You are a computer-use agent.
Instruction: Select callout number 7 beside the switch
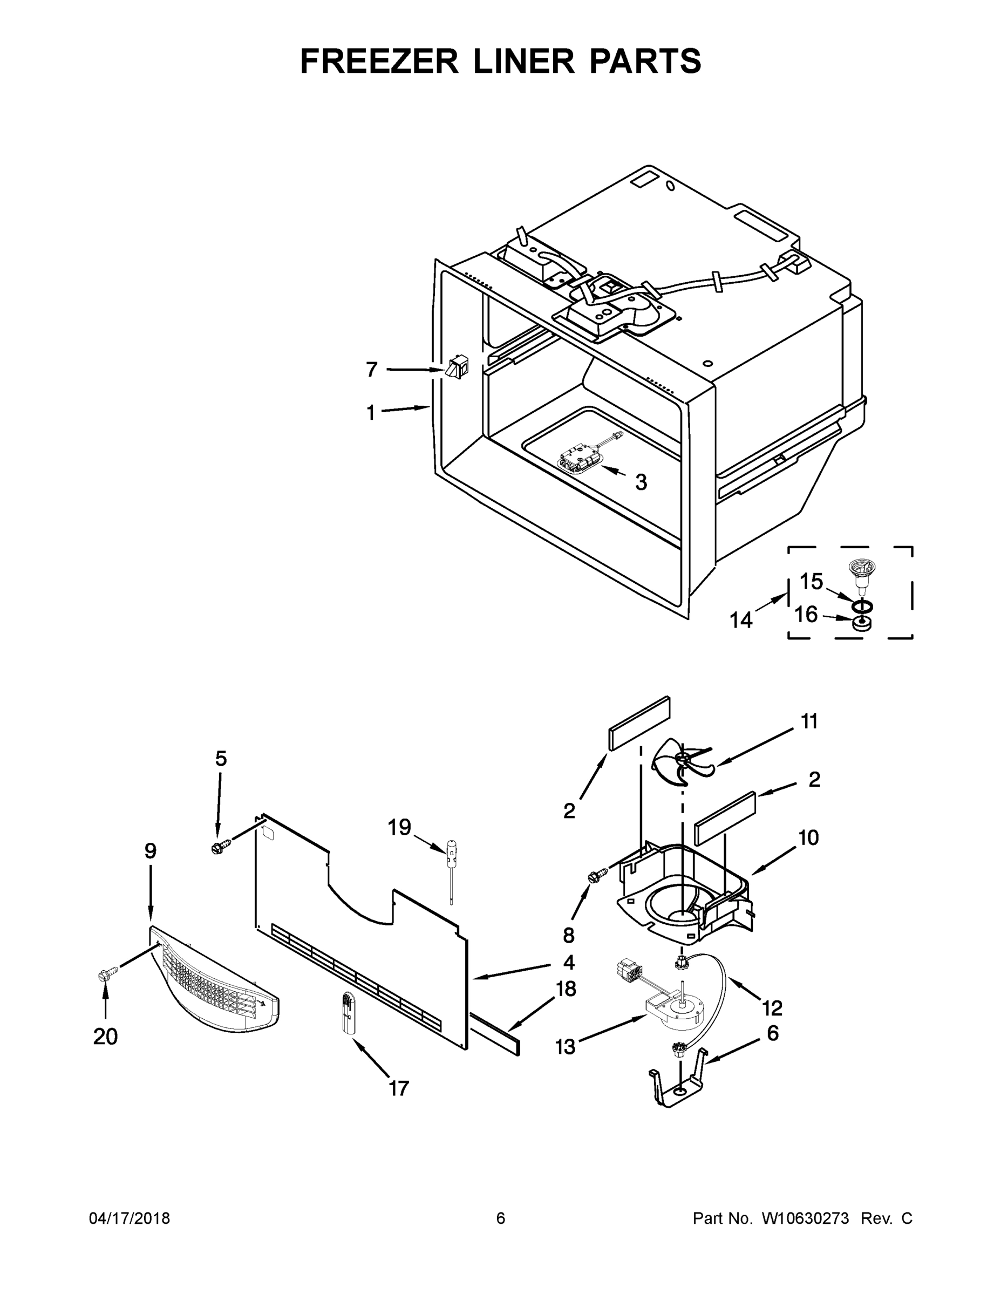371,370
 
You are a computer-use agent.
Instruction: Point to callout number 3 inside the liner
641,482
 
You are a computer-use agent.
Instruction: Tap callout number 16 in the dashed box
806,614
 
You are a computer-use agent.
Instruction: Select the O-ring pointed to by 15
862,605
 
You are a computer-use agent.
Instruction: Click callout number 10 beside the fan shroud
808,838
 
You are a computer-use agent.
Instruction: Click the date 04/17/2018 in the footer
130,1218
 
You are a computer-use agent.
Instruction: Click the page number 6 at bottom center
501,1218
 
